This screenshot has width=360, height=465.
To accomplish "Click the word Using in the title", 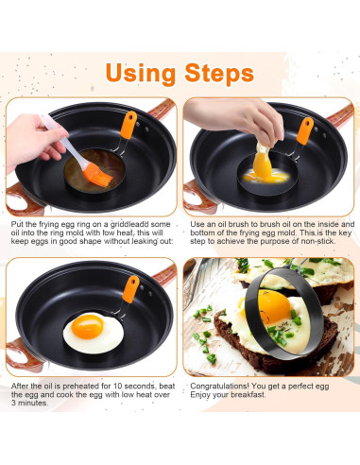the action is [141, 75].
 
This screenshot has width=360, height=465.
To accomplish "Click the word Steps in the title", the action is [219, 74].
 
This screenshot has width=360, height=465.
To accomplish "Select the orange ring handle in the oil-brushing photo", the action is [129, 125].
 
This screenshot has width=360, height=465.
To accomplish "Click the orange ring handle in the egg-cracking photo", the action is [304, 131].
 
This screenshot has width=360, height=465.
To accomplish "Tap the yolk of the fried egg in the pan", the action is [87, 326].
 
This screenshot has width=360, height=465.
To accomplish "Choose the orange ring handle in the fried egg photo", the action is [131, 289].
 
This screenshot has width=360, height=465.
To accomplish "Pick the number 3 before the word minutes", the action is [13, 403].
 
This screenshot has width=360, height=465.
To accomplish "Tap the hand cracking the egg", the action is [239, 118].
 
